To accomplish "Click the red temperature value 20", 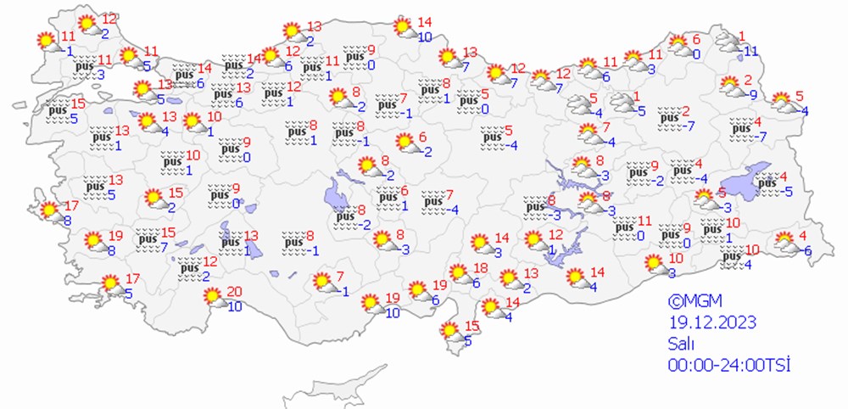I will pyautogui.click(x=235, y=292).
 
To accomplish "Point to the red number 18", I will pyautogui.click(x=481, y=269).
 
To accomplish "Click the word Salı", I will pyautogui.click(x=680, y=344).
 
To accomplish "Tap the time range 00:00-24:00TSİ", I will pyautogui.click(x=728, y=364).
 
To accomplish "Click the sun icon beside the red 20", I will pyautogui.click(x=212, y=298).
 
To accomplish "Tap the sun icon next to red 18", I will pyautogui.click(x=459, y=274).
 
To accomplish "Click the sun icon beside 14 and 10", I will pyautogui.click(x=404, y=29).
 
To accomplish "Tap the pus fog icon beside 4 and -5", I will pyautogui.click(x=767, y=183).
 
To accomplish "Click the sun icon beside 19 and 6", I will pyautogui.click(x=418, y=291).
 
